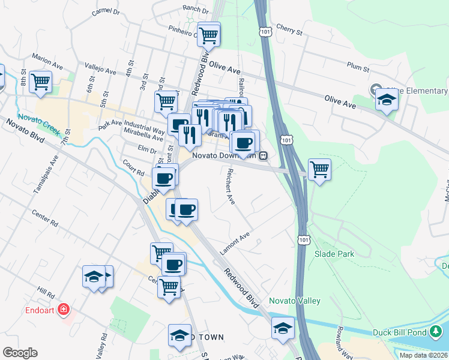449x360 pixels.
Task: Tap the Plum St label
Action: pyautogui.click(x=357, y=69)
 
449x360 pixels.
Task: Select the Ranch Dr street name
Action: pyautogui.click(x=191, y=9)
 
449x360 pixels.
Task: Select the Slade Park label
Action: pyautogui.click(x=334, y=254)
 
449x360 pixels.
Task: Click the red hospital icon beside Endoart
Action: pyautogui.click(x=64, y=310)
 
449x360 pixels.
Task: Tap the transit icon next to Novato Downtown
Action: pyautogui.click(x=263, y=155)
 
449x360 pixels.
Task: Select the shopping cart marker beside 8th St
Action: pyautogui.click(x=40, y=82)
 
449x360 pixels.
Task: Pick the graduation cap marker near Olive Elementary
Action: pyautogui.click(x=387, y=100)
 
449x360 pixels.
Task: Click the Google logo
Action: pyautogui.click(x=20, y=353)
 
